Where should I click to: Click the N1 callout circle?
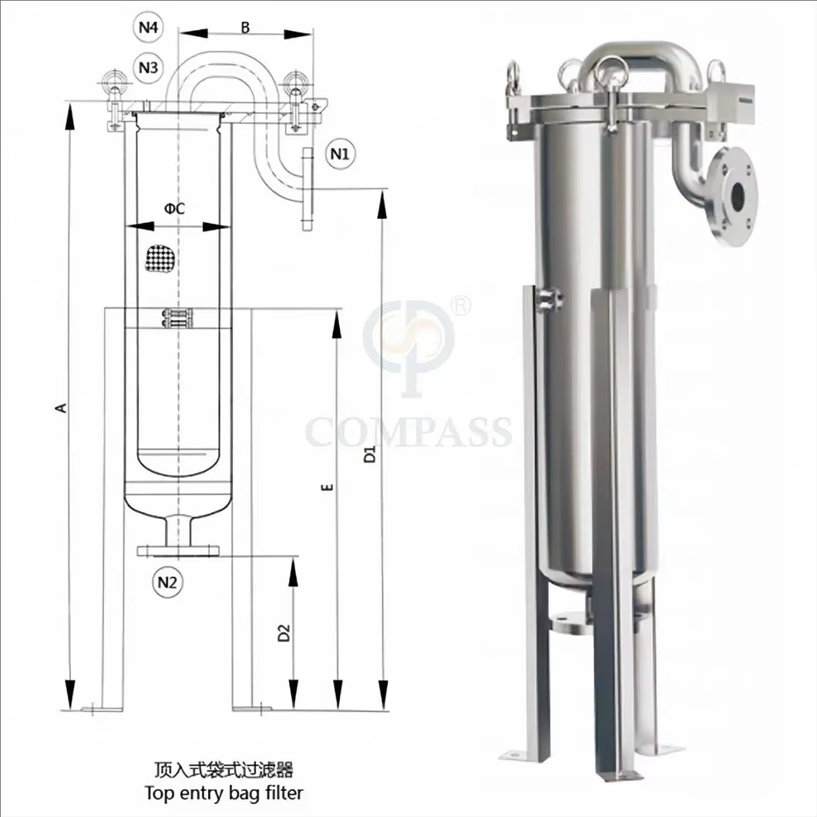pos(340,153)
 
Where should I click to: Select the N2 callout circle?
pos(167,582)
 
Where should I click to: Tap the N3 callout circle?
pos(149,67)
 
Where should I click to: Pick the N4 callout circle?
pos(149,26)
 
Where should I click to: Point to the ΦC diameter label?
pos(174,209)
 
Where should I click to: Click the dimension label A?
pos(62,407)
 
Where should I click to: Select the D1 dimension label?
pos(369,454)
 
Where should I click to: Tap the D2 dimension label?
pos(284,633)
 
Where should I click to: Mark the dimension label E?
pos(327,487)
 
